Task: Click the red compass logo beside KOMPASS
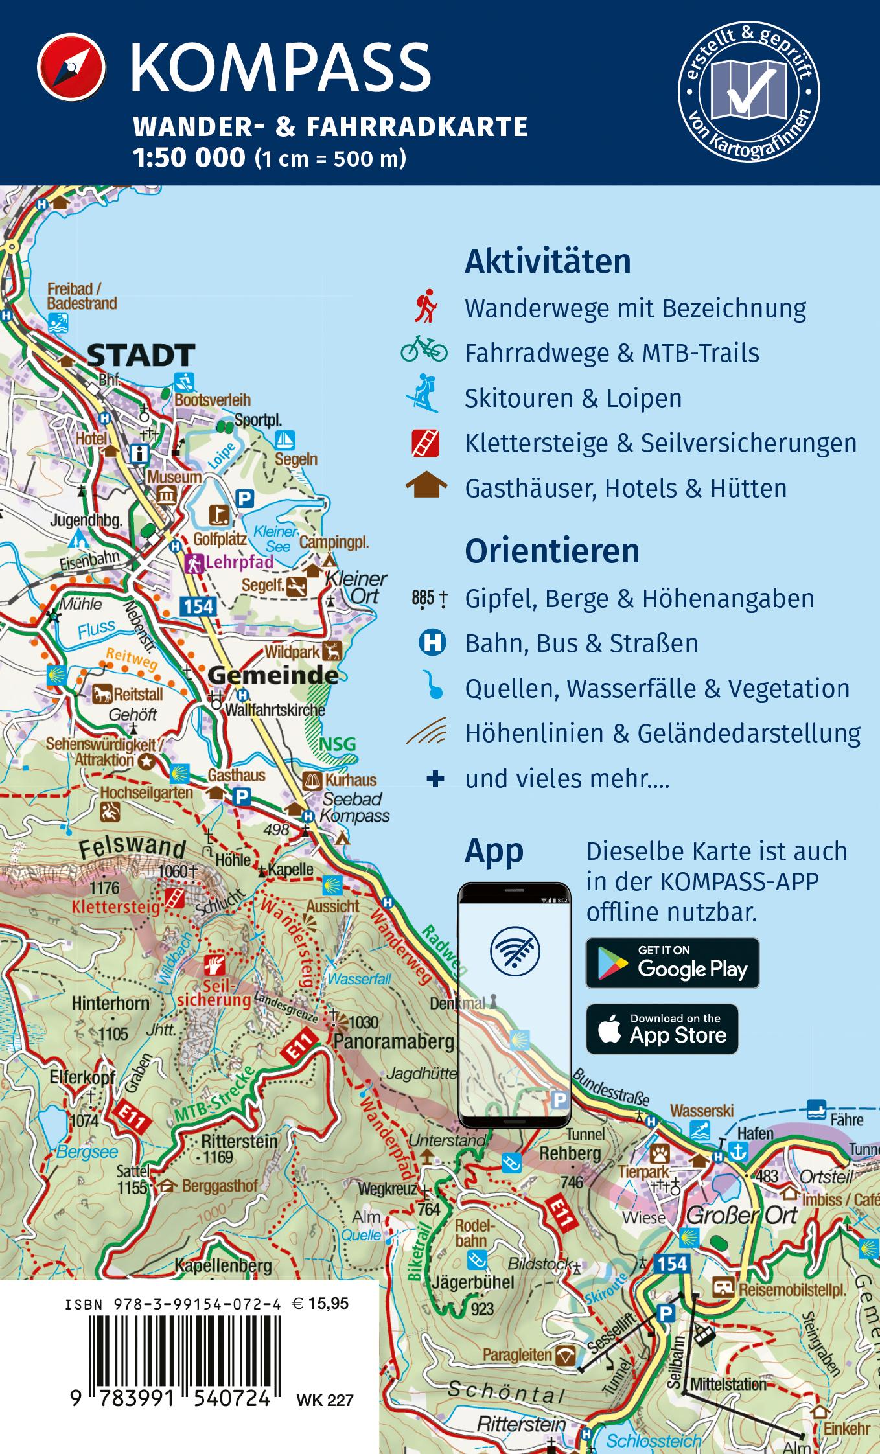pyautogui.click(x=71, y=68)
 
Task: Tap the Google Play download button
pyautogui.click(x=672, y=963)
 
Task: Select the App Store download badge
pyautogui.click(x=662, y=1029)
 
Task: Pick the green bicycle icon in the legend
pyautogui.click(x=424, y=349)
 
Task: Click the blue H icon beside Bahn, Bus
pyautogui.click(x=432, y=643)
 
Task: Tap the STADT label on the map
pyautogui.click(x=141, y=355)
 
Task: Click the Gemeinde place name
pyautogui.click(x=273, y=676)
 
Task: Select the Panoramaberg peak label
pyautogui.click(x=393, y=1042)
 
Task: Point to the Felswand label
pyautogui.click(x=133, y=847)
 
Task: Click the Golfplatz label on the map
pyautogui.click(x=220, y=538)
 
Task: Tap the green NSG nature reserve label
pyautogui.click(x=338, y=743)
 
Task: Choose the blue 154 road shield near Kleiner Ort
pyautogui.click(x=198, y=606)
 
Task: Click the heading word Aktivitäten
pyautogui.click(x=548, y=262)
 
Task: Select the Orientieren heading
pyautogui.click(x=551, y=551)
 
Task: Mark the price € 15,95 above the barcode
pyautogui.click(x=320, y=1303)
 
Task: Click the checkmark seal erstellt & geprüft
pyautogui.click(x=748, y=91)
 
